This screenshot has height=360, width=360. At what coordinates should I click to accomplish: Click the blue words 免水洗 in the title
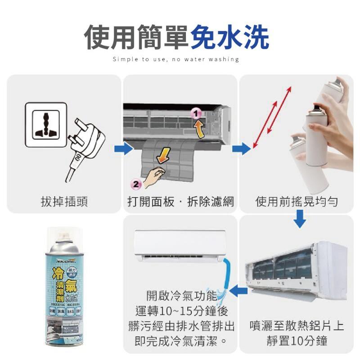point(229,37)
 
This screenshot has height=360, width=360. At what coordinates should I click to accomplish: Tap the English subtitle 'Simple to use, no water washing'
point(176,59)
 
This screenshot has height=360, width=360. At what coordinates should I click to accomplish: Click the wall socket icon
point(45,124)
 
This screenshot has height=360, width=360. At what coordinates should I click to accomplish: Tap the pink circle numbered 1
point(195,113)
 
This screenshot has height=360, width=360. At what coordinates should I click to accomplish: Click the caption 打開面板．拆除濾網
point(180,201)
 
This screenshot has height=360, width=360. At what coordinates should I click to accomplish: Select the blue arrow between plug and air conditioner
point(120,148)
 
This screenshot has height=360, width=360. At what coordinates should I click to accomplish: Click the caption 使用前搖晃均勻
point(297,201)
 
